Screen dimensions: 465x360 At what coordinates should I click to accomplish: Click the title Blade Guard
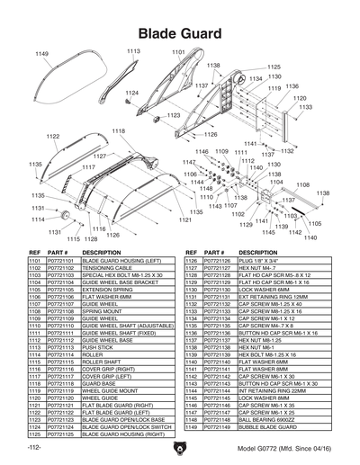(180, 32)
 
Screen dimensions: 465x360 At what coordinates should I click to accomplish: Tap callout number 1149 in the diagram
(41, 55)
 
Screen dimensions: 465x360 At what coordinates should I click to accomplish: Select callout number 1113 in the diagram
(133, 51)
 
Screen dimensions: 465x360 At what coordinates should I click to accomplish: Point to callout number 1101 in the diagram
(178, 53)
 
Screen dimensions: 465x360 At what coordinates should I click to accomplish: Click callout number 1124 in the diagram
(132, 93)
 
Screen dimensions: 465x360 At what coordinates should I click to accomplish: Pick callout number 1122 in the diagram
(52, 136)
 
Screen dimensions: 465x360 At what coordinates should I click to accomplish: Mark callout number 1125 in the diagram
(274, 67)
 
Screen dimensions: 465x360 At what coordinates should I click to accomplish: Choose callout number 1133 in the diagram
(306, 107)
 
